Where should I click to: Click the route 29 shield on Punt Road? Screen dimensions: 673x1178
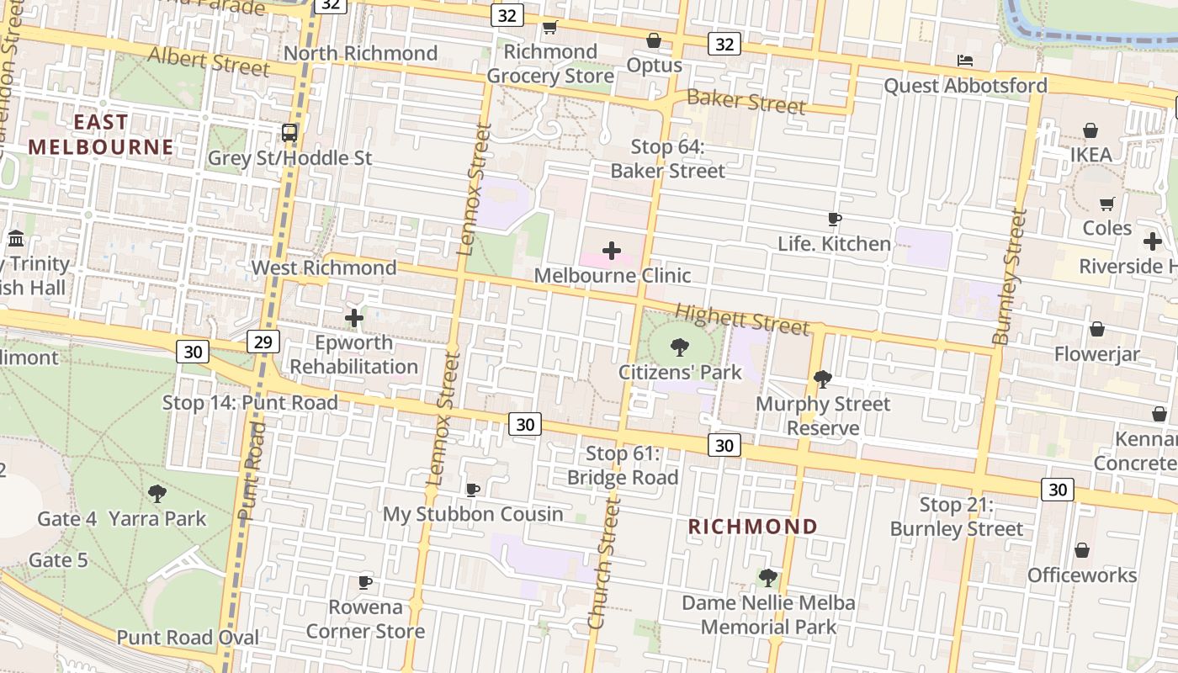[264, 341]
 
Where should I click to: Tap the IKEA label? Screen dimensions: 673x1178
[1090, 155]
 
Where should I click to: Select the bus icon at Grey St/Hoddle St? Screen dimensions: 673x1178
[289, 132]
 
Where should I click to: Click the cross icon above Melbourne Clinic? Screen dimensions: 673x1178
[612, 251]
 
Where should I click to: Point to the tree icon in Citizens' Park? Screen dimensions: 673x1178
[679, 347]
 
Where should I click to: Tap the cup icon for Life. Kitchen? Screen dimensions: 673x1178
[834, 220]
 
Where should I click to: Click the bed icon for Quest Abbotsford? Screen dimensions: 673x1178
[965, 61]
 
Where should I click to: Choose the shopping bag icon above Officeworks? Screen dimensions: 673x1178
[1082, 550]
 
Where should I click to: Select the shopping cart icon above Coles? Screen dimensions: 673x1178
[1106, 204]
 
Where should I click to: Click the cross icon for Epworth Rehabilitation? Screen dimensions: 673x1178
[354, 318]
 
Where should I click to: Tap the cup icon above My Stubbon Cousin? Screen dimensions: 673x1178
[473, 489]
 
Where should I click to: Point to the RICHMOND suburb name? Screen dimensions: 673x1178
[753, 527]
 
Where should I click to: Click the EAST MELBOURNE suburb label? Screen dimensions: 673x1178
[100, 135]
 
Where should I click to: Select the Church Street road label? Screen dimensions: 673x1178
[604, 561]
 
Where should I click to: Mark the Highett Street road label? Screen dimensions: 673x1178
[742, 319]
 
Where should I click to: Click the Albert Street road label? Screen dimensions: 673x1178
[209, 61]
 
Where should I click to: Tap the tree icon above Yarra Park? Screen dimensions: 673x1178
[157, 494]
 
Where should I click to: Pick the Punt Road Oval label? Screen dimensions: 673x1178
[188, 637]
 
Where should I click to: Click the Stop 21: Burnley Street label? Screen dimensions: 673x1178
[957, 517]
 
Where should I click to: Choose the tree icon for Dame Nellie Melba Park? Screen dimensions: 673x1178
[767, 577]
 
